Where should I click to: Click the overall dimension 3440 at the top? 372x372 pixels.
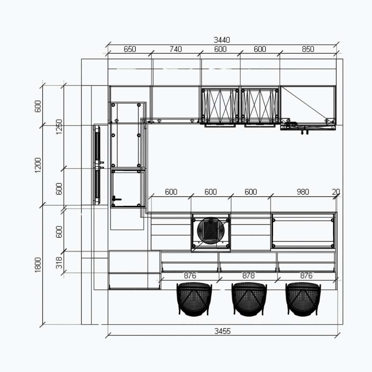[x=222, y=40]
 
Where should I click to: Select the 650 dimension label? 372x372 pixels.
[x=130, y=49]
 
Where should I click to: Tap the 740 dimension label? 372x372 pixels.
[x=176, y=49]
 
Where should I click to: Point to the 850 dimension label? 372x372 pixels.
[x=308, y=49]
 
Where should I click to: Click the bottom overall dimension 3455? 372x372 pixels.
[x=222, y=331]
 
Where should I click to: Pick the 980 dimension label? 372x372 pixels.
[x=303, y=192]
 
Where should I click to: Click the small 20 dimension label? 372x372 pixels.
[x=336, y=192]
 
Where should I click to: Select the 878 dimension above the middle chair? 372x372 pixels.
[x=248, y=276]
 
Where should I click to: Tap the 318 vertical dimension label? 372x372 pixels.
[x=59, y=262]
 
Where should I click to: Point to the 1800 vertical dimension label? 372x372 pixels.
[x=38, y=265]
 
